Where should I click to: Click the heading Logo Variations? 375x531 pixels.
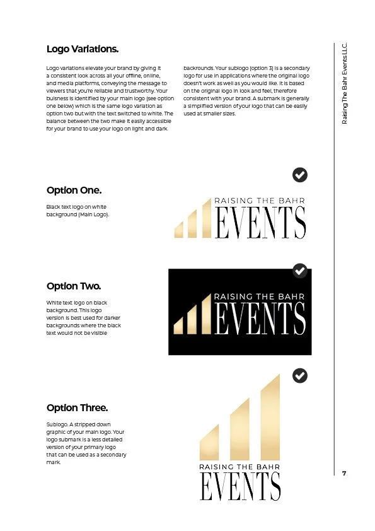pyautogui.click(x=83, y=49)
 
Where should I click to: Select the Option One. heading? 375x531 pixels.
pyautogui.click(x=74, y=190)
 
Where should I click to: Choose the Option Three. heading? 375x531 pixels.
pyautogui.click(x=77, y=407)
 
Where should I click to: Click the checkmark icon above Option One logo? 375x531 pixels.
pyautogui.click(x=301, y=175)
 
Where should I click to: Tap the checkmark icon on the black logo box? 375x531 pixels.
pyautogui.click(x=301, y=271)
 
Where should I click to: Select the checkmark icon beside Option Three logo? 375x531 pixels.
pyautogui.click(x=301, y=376)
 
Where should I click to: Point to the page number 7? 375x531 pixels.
pyautogui.click(x=344, y=473)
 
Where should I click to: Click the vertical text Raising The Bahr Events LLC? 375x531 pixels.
pyautogui.click(x=344, y=83)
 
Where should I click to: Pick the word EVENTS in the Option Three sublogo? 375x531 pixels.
pyautogui.click(x=240, y=486)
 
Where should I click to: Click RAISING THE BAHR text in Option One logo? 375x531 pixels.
pyautogui.click(x=260, y=200)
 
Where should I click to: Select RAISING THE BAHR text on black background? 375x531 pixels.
pyautogui.click(x=260, y=296)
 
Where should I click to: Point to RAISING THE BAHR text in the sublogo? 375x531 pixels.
pyautogui.click(x=239, y=467)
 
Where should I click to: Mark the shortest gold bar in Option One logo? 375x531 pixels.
pyautogui.click(x=178, y=231)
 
